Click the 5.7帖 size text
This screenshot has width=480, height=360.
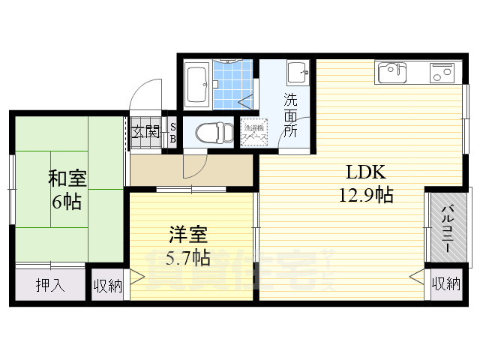187,258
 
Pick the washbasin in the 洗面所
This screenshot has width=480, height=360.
298,72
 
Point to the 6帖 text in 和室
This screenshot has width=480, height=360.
67,202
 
